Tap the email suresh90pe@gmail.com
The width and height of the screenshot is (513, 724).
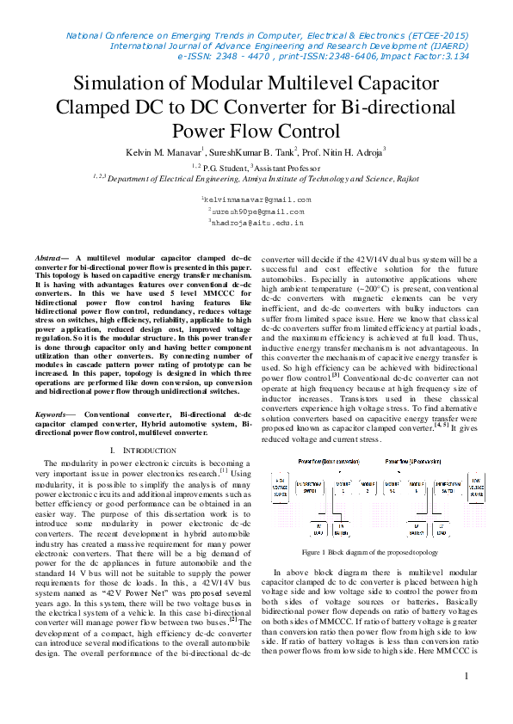pos(257,211)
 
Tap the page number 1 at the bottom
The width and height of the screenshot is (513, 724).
pos(466,676)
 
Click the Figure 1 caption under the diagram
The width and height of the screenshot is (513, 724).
pos(368,552)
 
